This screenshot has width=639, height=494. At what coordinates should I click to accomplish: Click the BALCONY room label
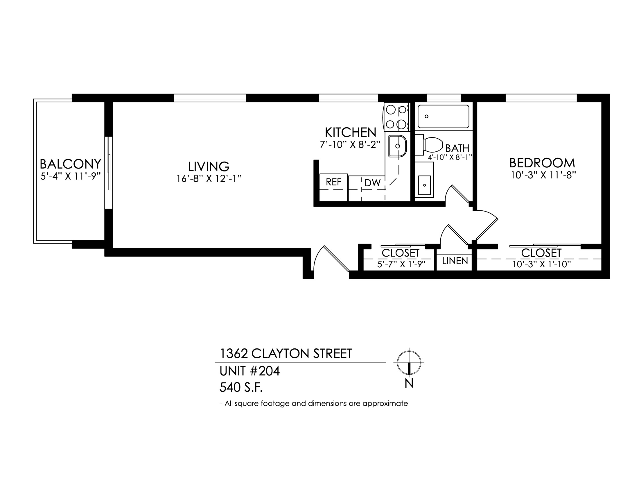pyautogui.click(x=70, y=164)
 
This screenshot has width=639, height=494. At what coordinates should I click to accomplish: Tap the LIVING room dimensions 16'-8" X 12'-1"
pyautogui.click(x=209, y=178)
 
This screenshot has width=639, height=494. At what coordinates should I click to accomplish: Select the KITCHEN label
pyautogui.click(x=351, y=133)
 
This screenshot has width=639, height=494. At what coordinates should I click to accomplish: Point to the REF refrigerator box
pyautogui.click(x=333, y=188)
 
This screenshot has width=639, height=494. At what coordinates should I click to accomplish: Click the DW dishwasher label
pyautogui.click(x=372, y=183)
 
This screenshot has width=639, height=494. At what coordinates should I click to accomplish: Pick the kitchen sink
pyautogui.click(x=397, y=146)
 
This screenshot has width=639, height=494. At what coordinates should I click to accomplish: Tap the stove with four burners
pyautogui.click(x=396, y=117)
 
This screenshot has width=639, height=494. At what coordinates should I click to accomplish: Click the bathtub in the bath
pyautogui.click(x=443, y=117)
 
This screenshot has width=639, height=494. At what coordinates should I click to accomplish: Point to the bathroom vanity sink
pyautogui.click(x=424, y=180)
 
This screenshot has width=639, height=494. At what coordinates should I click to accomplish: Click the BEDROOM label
pyautogui.click(x=542, y=163)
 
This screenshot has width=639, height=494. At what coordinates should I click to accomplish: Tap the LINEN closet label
pyautogui.click(x=455, y=261)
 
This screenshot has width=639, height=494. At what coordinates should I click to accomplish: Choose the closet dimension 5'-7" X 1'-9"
pyautogui.click(x=401, y=264)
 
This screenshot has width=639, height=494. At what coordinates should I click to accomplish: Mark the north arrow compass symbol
pyautogui.click(x=409, y=362)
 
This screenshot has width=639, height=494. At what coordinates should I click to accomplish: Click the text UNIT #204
pyautogui.click(x=250, y=371)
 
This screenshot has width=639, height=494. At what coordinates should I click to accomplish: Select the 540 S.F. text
pyautogui.click(x=241, y=388)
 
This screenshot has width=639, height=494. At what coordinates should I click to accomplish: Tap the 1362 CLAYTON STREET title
pyautogui.click(x=286, y=354)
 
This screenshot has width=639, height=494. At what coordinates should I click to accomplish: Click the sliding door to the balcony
pyautogui.click(x=109, y=173)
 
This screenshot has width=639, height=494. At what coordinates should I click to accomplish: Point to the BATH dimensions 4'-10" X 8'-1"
pyautogui.click(x=450, y=157)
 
